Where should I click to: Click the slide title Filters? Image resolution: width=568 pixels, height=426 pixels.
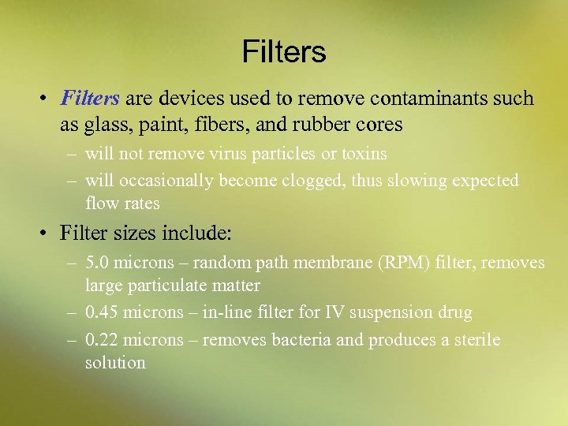pos(284,52)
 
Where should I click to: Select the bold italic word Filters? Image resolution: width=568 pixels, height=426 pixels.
pos(90,99)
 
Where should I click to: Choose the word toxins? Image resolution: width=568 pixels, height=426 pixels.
pos(361,154)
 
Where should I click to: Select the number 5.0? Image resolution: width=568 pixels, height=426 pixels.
pos(98,263)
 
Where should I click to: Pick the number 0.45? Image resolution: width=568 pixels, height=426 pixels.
pos(103,313)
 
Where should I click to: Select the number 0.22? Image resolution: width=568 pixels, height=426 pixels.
pos(103,341)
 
